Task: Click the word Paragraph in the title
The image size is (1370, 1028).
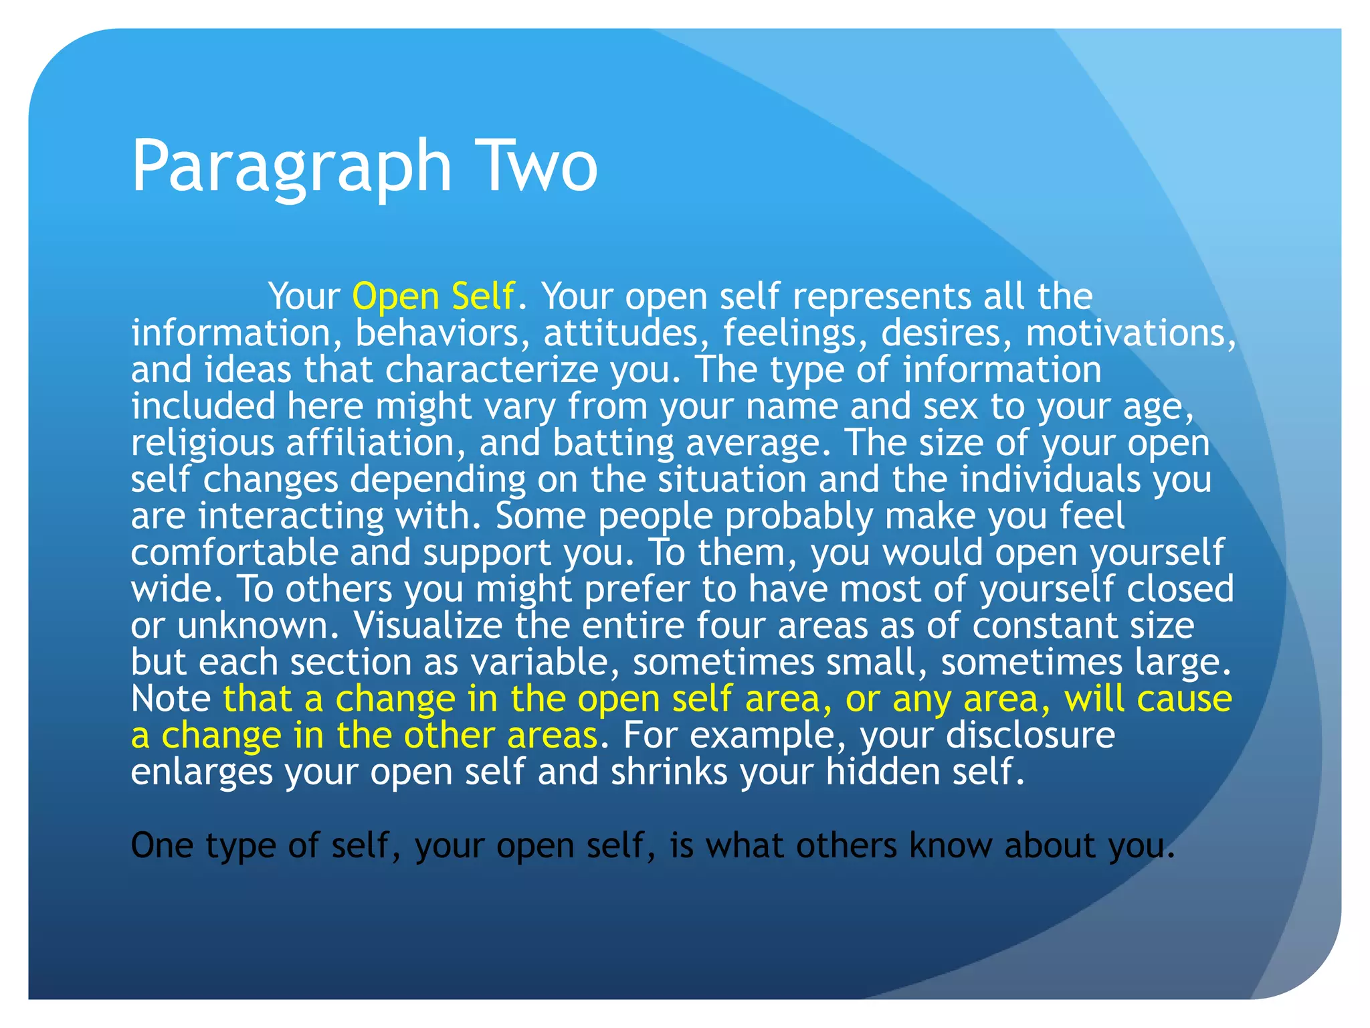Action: click(292, 166)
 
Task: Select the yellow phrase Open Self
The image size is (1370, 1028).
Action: click(433, 296)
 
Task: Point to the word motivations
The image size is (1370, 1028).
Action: click(1131, 333)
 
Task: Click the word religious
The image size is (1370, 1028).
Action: click(203, 443)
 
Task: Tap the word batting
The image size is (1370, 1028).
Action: click(613, 443)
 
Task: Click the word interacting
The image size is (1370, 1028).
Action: click(291, 516)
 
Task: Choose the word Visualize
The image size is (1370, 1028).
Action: click(427, 625)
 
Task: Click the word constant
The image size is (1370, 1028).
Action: click(1044, 625)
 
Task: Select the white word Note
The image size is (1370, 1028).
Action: click(171, 699)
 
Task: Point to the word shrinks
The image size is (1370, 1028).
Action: click(668, 772)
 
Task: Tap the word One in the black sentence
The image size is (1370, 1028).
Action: click(161, 845)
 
